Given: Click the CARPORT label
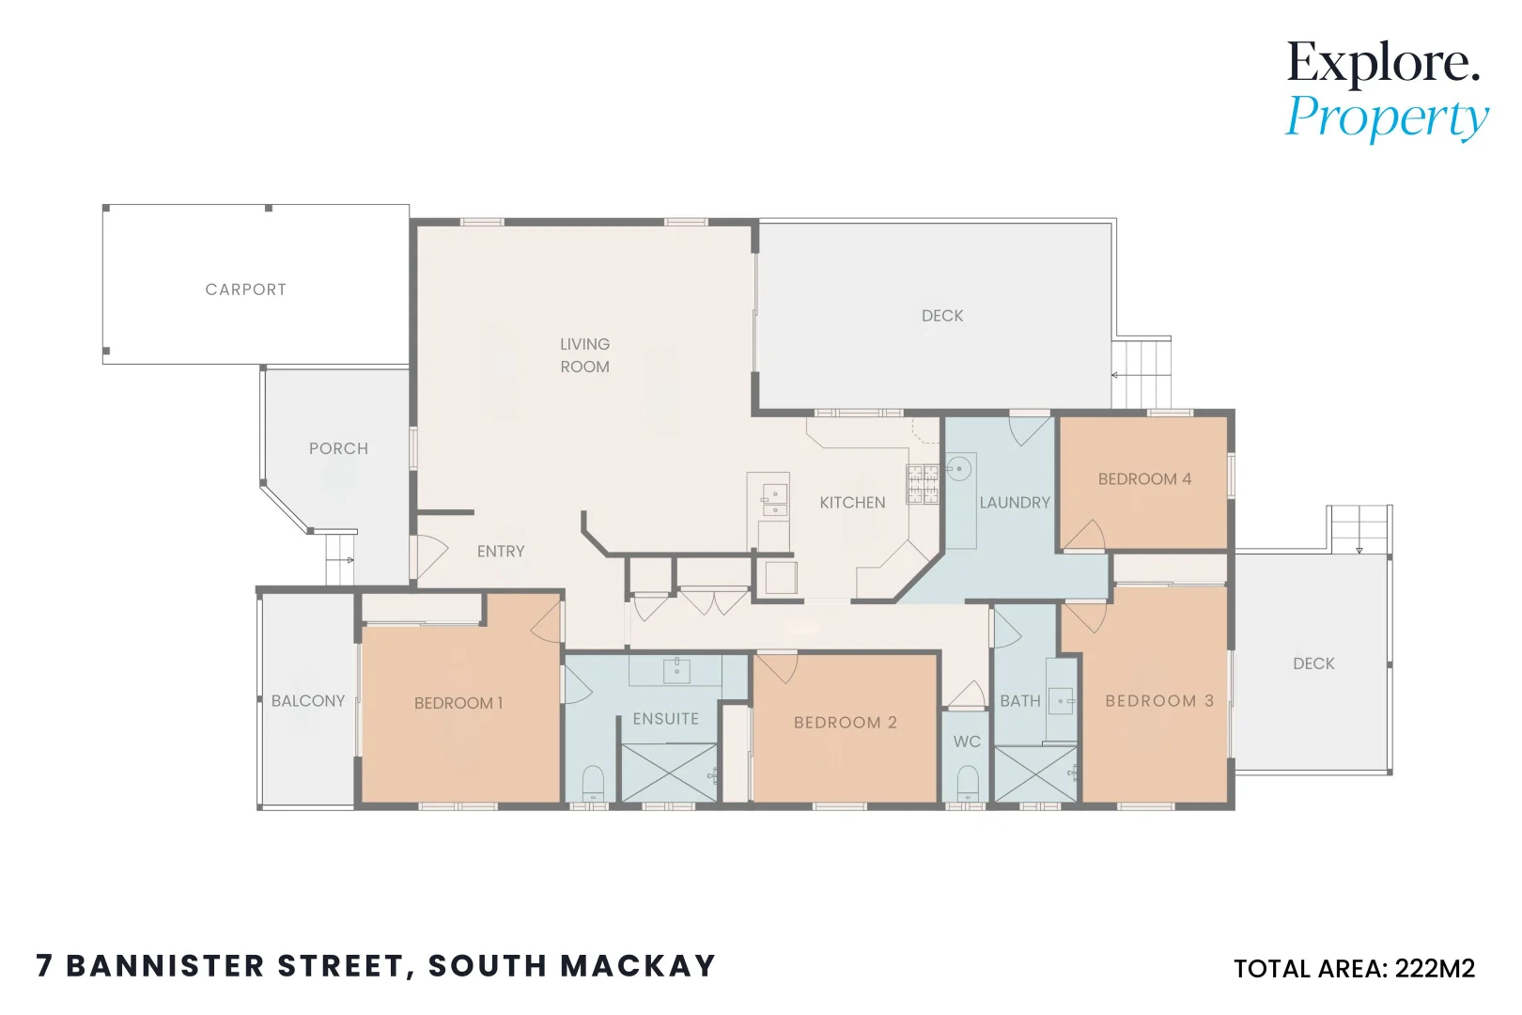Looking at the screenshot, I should pos(245,289).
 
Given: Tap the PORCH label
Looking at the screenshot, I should pos(338,448).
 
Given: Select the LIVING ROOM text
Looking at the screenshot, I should pos(584,355).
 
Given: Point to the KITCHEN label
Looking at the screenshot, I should pos(852,503).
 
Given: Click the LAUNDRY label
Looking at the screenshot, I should pos(1015,503).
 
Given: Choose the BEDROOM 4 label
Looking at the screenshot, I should pos(1144,479).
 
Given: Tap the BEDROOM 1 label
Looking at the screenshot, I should pos(458,703).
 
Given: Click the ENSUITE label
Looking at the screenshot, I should pos(665,719).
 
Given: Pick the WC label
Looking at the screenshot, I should pos(967,742).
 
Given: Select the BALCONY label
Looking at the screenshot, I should pos(308,701).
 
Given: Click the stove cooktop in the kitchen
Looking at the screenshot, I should pos(923,484).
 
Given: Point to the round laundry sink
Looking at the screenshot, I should pos(958,467).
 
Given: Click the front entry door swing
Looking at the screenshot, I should pos(430,556).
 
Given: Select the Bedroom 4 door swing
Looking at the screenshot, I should pos(1086,535).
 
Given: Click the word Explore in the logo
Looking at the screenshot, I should pos(1382,63).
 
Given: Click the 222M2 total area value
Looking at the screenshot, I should pos(1435,969).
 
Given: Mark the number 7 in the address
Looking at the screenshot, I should pos(44,966).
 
